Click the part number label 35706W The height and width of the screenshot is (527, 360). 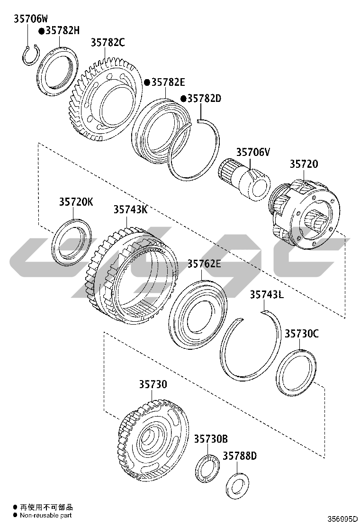(31, 18)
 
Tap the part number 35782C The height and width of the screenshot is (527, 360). (108, 42)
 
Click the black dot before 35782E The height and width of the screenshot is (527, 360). (147, 82)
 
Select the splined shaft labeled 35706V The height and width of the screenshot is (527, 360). (244, 178)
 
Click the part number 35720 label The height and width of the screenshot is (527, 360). (304, 164)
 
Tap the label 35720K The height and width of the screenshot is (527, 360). (76, 202)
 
